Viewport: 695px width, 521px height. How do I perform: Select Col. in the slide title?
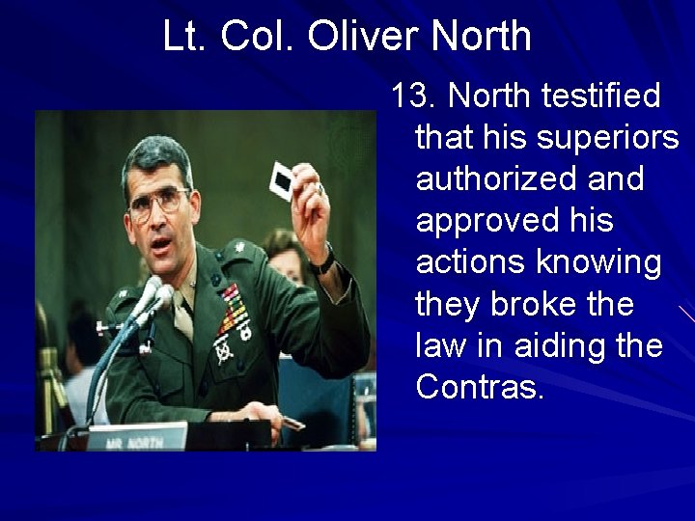[259, 37]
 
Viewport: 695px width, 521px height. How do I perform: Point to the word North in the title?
[481, 37]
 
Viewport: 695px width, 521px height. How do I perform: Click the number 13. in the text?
[414, 96]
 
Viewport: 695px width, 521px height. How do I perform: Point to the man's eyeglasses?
[157, 204]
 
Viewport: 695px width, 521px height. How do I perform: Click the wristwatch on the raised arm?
[322, 260]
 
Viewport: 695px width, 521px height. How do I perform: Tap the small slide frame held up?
[282, 179]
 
